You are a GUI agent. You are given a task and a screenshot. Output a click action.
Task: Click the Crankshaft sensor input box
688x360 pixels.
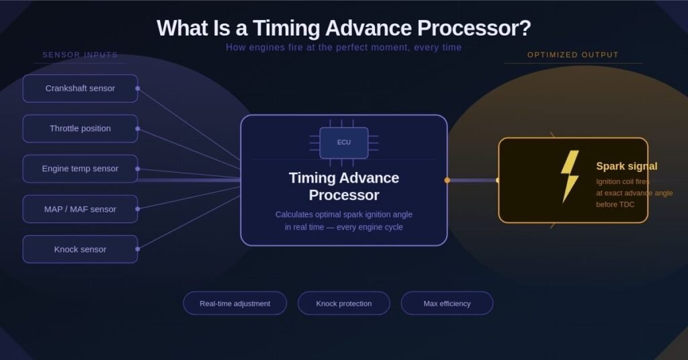click(x=80, y=89)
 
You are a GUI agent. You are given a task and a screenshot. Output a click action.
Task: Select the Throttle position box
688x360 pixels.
click(x=80, y=128)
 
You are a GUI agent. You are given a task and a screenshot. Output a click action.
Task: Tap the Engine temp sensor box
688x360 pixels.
click(x=80, y=169)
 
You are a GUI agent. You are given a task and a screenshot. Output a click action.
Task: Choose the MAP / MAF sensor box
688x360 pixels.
click(x=80, y=209)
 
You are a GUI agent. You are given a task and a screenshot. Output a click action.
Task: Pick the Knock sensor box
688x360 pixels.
click(x=80, y=249)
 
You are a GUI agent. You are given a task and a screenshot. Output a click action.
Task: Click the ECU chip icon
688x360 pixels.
click(x=343, y=142)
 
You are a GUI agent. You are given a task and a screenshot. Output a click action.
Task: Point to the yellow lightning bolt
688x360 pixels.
click(x=570, y=176)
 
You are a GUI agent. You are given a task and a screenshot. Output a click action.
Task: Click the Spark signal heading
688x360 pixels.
click(x=626, y=167)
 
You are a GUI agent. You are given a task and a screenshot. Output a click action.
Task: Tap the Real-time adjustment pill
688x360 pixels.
click(x=234, y=304)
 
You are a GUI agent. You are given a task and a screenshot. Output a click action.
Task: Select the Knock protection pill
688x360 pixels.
click(x=343, y=304)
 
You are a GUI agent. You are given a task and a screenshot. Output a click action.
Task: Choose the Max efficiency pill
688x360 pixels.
click(x=447, y=304)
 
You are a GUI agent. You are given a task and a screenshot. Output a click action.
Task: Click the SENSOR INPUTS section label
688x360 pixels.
click(x=80, y=55)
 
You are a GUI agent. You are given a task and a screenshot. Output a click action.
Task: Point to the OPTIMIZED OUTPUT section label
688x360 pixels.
click(x=572, y=55)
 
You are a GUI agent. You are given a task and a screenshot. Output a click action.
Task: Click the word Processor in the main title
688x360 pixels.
click(x=474, y=29)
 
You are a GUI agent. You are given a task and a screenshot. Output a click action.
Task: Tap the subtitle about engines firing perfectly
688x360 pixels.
click(x=343, y=48)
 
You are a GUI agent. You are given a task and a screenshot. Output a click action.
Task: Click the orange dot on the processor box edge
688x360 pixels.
click(x=447, y=180)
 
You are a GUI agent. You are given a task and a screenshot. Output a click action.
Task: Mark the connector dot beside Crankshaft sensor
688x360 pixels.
click(x=137, y=88)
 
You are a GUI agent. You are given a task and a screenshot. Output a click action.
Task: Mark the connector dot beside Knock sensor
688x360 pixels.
click(x=137, y=249)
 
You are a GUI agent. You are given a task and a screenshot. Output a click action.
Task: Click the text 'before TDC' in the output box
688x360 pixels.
click(x=615, y=204)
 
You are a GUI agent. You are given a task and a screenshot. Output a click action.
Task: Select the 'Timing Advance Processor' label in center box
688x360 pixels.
click(x=343, y=187)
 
